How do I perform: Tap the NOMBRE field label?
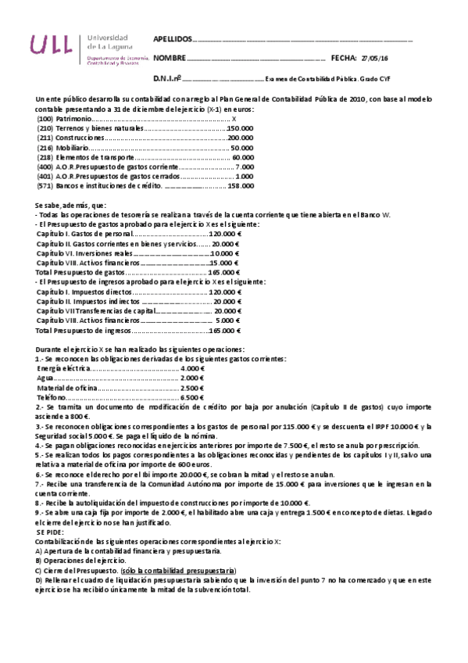pyautogui.click(x=170, y=58)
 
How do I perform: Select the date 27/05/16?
pyautogui.click(x=377, y=58)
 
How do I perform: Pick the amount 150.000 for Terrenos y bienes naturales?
pyautogui.click(x=240, y=128)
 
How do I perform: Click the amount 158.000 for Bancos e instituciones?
pyautogui.click(x=240, y=185)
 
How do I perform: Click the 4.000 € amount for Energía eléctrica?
pyautogui.click(x=191, y=367)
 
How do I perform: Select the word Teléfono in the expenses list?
pyautogui.click(x=52, y=397)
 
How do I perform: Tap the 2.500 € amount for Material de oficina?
pyautogui.click(x=191, y=387)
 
